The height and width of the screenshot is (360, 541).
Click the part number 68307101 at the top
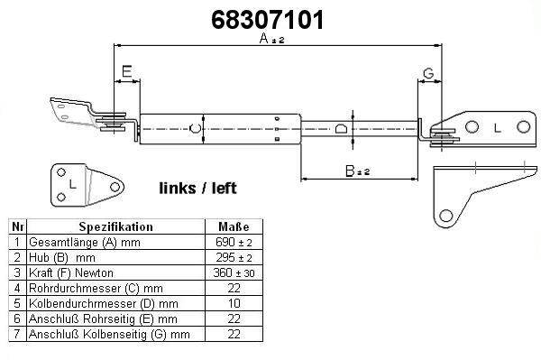pyautogui.click(x=268, y=20)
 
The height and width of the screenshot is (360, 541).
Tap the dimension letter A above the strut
pyautogui.click(x=264, y=38)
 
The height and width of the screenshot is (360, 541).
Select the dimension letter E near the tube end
pyautogui.click(x=127, y=71)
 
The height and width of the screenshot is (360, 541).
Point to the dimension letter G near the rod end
pyautogui.click(x=428, y=73)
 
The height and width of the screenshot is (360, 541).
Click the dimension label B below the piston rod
pyautogui.click(x=350, y=171)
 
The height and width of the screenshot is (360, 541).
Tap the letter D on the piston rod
pyautogui.click(x=340, y=128)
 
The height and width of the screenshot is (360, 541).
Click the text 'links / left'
pyautogui.click(x=197, y=189)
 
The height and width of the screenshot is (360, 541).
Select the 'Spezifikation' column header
pyautogui.click(x=116, y=226)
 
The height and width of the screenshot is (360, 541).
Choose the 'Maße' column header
pyautogui.click(x=234, y=226)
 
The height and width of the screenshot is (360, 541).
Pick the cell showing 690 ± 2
pyautogui.click(x=234, y=243)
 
